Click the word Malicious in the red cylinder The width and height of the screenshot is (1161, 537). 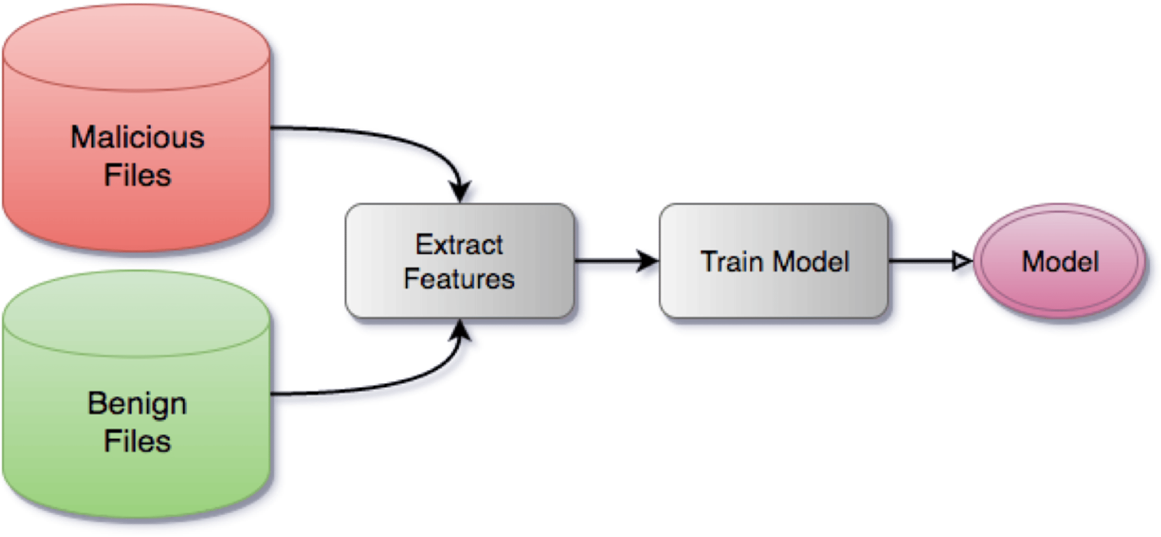(x=137, y=137)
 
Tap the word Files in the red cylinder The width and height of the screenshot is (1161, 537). (x=137, y=175)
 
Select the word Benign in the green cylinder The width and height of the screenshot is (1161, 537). (x=137, y=405)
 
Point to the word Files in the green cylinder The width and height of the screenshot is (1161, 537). (x=137, y=441)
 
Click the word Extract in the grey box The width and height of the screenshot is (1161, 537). (x=459, y=245)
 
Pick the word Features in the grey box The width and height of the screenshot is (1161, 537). (x=459, y=278)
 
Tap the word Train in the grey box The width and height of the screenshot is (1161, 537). (x=732, y=262)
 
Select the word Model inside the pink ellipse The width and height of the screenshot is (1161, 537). (x=1060, y=262)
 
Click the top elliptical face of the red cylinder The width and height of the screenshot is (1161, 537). (x=136, y=48)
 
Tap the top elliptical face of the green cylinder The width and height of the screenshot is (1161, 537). (x=136, y=314)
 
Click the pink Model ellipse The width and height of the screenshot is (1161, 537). (x=1059, y=261)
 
